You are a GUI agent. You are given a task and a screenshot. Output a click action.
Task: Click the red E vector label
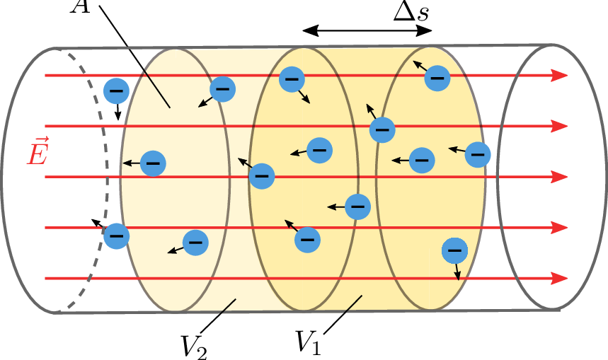click(38, 152)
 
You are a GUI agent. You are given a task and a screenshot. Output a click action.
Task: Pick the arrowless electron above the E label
click(116, 91)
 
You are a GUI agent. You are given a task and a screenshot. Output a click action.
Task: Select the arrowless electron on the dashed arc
click(116, 236)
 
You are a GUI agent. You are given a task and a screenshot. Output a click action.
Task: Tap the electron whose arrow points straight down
click(454, 250)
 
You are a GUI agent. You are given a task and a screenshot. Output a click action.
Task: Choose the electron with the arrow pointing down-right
click(292, 79)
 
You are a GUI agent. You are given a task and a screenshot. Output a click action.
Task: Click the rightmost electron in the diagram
click(478, 154)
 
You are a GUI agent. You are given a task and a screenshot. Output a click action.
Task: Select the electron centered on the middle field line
click(261, 175)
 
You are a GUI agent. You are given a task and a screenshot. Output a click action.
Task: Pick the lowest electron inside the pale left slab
click(195, 243)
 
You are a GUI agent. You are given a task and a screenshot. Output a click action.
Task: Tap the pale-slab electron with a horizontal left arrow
click(153, 163)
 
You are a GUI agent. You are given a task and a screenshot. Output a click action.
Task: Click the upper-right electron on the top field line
click(437, 78)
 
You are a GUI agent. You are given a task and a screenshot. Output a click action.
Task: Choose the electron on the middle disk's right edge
click(357, 207)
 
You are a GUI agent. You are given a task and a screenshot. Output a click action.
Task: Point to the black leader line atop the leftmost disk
click(158, 90)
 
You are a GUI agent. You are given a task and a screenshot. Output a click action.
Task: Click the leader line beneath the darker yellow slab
click(352, 304)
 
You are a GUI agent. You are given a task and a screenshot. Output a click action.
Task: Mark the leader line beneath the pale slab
click(228, 306)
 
